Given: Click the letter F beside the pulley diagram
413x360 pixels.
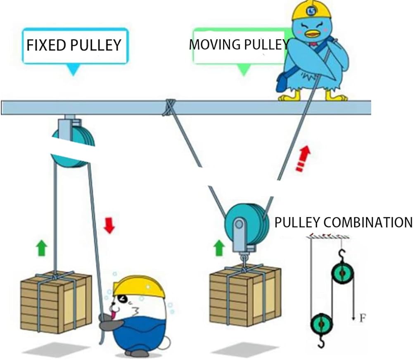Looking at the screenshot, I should tap(362, 318).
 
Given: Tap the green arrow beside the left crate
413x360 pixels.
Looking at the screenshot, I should tap(41, 249).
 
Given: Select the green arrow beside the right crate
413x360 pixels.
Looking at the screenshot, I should tap(219, 248).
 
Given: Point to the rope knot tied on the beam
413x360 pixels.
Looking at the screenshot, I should tap(168, 107).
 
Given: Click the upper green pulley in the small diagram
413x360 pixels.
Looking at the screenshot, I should tap(342, 273).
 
